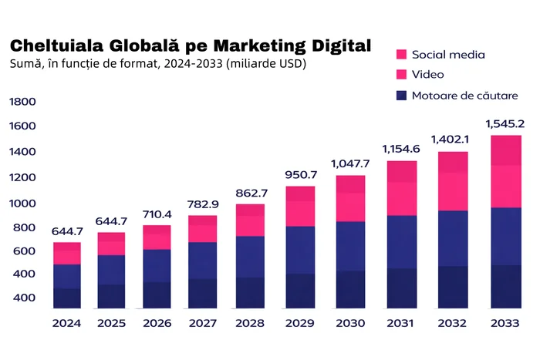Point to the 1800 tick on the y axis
(22, 102)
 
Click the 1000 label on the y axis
(22, 204)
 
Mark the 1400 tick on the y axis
(22, 153)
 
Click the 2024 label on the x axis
(67, 323)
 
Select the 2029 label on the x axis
(301, 323)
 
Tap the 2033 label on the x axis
(505, 323)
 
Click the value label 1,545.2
(505, 123)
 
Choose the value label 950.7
(301, 175)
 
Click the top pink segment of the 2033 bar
(506, 150)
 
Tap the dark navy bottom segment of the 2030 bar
(350, 289)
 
